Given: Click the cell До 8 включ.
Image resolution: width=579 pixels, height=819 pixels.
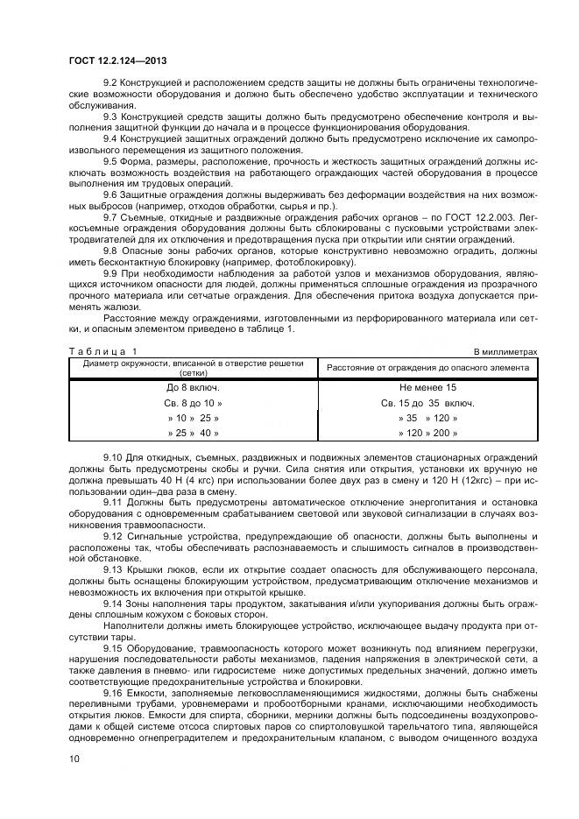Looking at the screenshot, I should coord(193,387).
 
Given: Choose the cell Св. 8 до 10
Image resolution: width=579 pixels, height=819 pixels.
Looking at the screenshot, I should coord(193,403).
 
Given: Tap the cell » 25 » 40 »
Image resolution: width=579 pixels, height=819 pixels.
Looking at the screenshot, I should coord(193,433).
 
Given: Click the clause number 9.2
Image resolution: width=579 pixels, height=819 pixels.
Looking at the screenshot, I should coord(111,81).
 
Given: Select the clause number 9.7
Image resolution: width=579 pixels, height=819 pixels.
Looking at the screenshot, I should coord(111,215).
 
